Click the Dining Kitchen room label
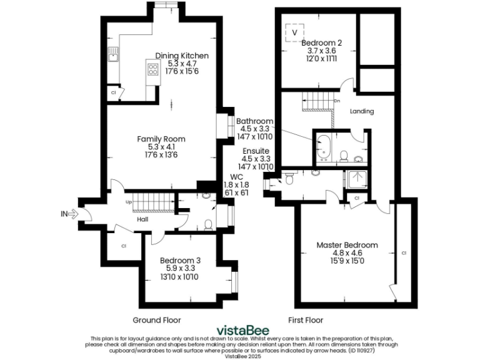182,56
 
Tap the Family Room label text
162,139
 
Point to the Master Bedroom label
346,244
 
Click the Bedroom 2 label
321,43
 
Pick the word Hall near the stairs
142,219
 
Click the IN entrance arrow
69,214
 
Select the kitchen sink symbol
113,57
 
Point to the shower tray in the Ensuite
357,179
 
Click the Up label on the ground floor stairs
129,202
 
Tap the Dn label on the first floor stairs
337,100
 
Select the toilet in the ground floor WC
209,224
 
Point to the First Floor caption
306,320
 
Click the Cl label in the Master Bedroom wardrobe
404,252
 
